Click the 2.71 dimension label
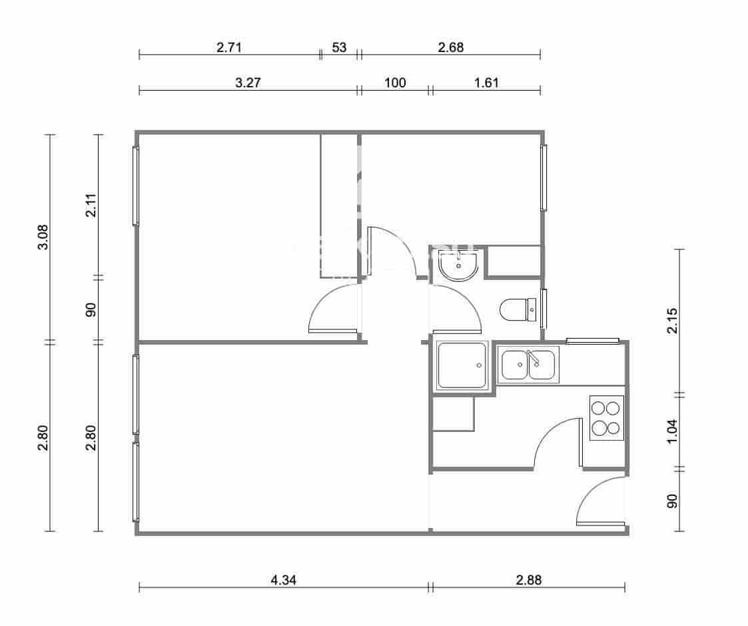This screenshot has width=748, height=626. click(228, 47)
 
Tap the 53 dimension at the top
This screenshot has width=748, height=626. click(339, 47)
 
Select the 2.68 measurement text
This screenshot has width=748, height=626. click(450, 47)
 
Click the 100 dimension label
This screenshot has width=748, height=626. click(395, 83)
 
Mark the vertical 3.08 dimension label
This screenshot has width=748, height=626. click(43, 237)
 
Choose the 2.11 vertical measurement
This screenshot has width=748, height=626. click(91, 205)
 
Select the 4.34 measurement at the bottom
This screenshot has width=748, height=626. click(284, 580)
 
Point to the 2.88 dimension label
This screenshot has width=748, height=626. click(528, 580)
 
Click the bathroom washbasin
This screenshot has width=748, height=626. click(458, 267)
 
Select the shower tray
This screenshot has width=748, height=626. click(462, 365)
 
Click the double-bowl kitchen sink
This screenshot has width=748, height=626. click(528, 365)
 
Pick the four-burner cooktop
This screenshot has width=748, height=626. click(606, 418)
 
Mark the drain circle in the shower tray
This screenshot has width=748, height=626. click(479, 365)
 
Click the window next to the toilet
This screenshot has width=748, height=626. click(544, 308)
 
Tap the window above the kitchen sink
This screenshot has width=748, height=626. click(592, 341)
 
